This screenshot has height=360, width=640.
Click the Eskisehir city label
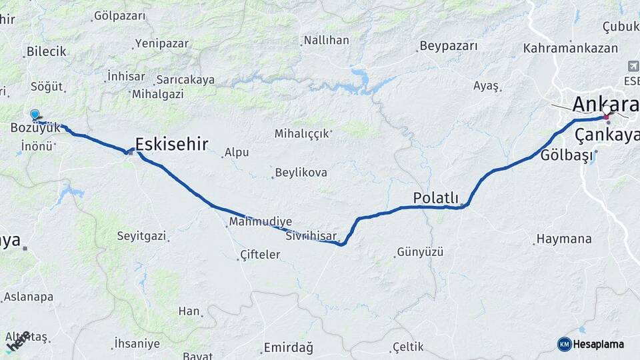click(171, 143)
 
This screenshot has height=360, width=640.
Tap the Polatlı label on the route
click(435, 197)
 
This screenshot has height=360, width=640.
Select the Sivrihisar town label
click(309, 236)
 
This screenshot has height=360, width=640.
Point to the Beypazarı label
click(449, 47)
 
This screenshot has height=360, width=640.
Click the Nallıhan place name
click(326, 41)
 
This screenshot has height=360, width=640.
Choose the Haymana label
click(564, 239)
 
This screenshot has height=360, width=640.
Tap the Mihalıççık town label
click(302, 133)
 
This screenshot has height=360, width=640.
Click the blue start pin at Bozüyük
click(35, 115)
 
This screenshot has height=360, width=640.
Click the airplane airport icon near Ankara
click(632, 67)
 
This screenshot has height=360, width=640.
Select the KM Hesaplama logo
click(591, 344)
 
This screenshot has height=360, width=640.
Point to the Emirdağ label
click(288, 347)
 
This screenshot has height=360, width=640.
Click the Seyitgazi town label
click(141, 236)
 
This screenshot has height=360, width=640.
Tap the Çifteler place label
click(260, 255)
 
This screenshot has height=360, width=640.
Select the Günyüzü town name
click(420, 252)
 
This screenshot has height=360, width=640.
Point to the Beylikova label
click(301, 173)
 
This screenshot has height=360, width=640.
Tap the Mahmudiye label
click(260, 221)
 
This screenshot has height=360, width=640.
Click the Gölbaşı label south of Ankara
click(566, 155)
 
